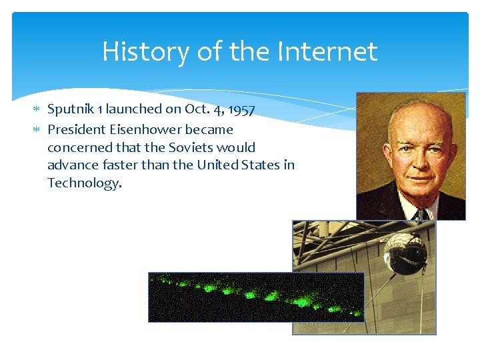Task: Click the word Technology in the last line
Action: tap(84, 183)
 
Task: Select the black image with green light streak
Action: tap(256, 297)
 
